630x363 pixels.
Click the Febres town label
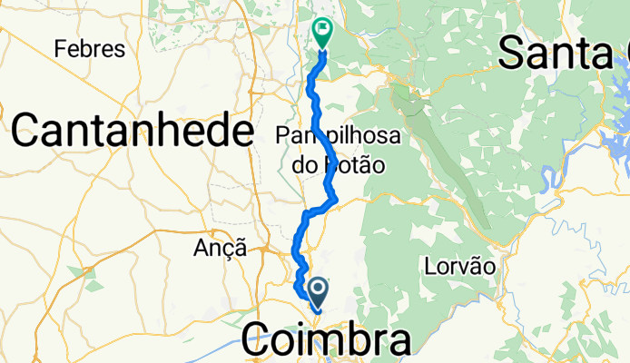coord(89,49)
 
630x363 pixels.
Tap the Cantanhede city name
coord(132,132)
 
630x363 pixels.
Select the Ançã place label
coord(221,247)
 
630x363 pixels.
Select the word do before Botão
coord(303,165)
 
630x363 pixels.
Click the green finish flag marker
coord(321,33)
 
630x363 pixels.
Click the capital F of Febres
coord(61,49)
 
